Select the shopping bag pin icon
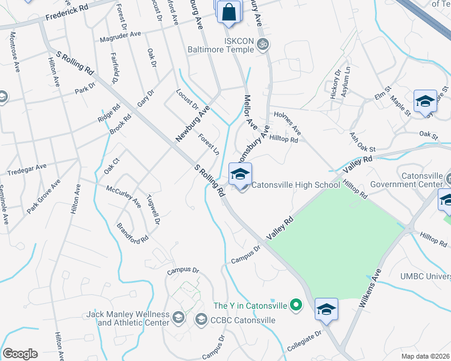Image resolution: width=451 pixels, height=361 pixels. point(230,13)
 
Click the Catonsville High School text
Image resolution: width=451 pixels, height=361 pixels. point(295,185)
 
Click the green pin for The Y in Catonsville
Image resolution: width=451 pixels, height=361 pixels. point(295,306)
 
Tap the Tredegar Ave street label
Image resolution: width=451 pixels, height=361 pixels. point(27,170)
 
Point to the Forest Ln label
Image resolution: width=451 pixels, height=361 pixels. point(209,143)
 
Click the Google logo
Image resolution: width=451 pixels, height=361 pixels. point(20,354)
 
